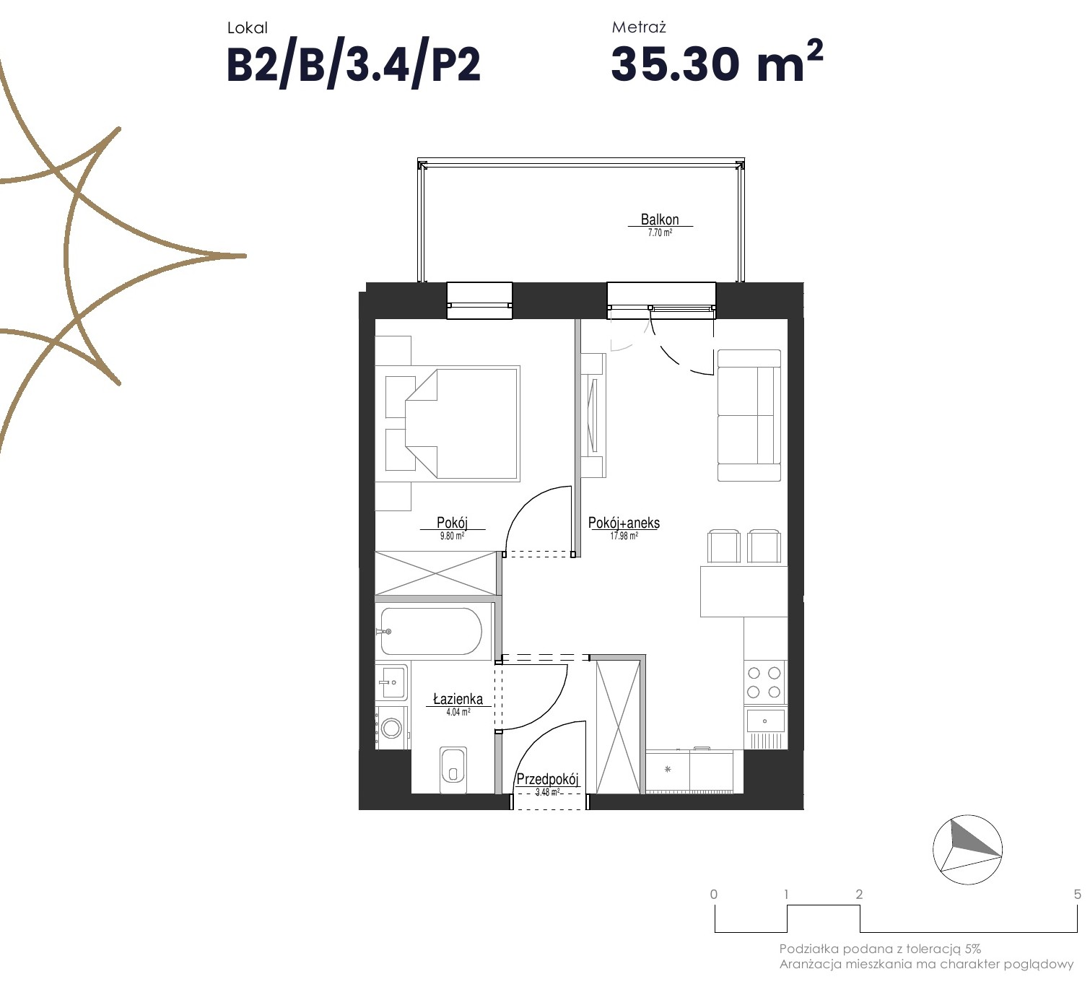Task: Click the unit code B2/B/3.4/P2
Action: point(353,65)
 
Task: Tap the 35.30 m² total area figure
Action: point(717,62)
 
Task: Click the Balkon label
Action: point(660,219)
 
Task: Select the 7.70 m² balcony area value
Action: point(660,232)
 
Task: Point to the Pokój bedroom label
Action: point(452,522)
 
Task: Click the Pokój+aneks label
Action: point(624,523)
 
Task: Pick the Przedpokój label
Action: point(547,779)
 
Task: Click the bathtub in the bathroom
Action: point(431,631)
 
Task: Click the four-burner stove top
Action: point(764,682)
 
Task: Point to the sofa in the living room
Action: point(749,415)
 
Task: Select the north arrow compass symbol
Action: point(967,849)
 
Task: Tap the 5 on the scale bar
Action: point(1077,894)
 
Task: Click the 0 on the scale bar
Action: point(713,894)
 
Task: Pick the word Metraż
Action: point(638,27)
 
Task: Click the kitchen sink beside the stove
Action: point(765,721)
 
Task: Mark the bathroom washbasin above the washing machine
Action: point(392,682)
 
